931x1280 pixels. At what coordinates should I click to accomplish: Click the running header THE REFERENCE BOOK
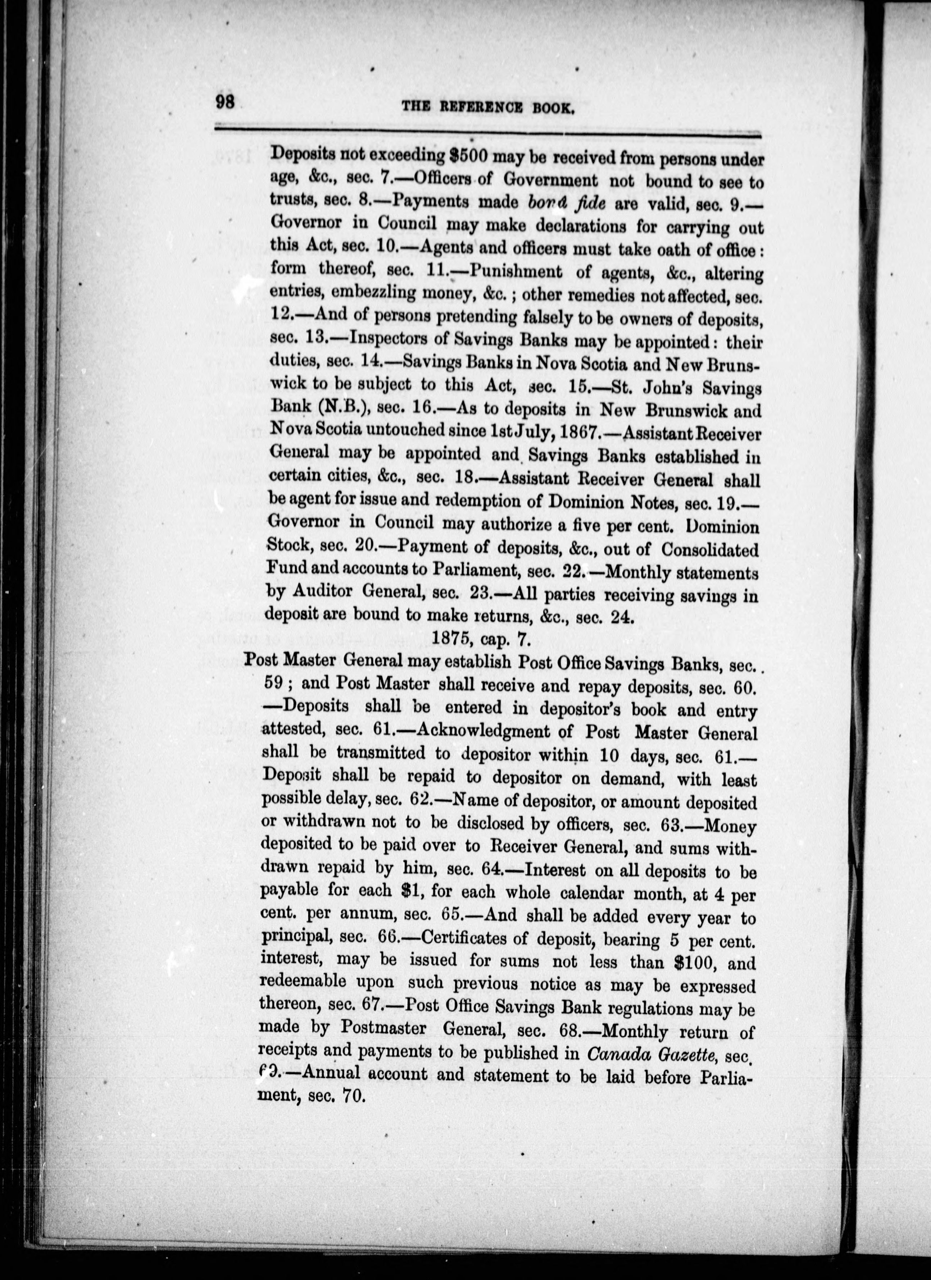(x=488, y=107)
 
